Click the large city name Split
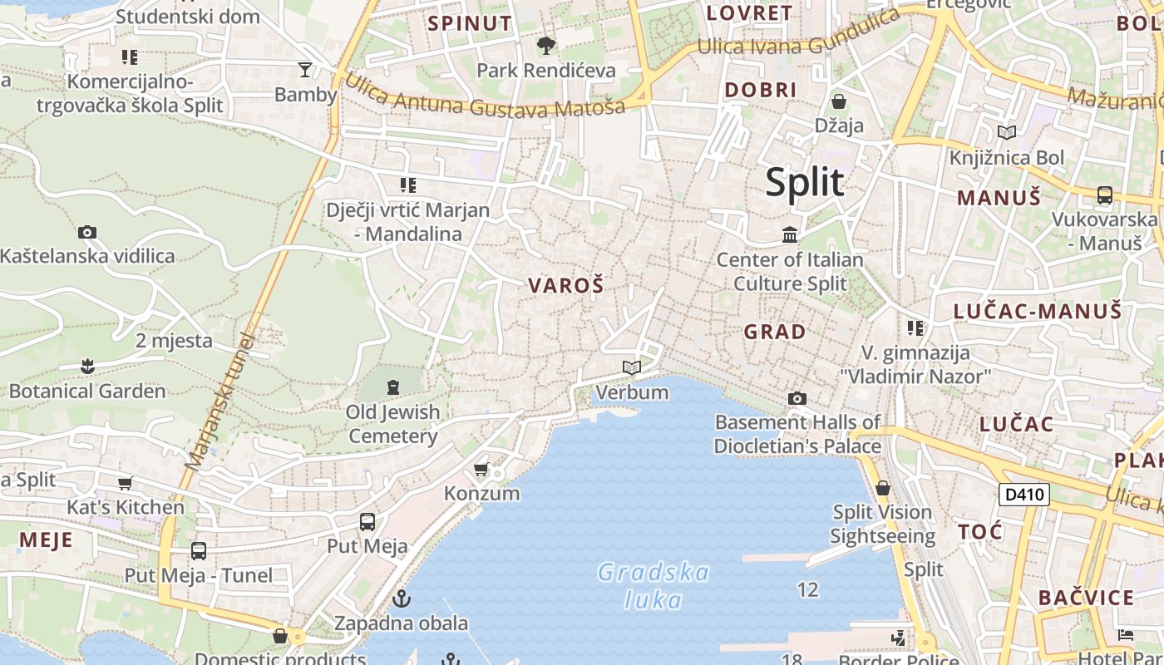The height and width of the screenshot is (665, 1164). tap(804, 182)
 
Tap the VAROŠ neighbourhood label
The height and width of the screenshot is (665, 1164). tap(565, 286)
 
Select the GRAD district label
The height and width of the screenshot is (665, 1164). tap(774, 332)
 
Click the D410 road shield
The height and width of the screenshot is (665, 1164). tap(1023, 495)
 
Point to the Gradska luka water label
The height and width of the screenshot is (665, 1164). tap(654, 586)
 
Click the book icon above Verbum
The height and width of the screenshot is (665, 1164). tap(632, 367)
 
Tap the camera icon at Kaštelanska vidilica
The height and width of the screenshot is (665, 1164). tap(86, 232)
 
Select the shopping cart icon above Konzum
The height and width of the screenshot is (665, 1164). tap(481, 470)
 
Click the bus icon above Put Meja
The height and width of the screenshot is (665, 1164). tap(367, 522)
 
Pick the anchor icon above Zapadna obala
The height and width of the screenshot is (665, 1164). tap(402, 598)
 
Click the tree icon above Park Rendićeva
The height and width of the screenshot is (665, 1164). tap(545, 45)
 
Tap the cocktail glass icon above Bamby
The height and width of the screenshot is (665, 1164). tap(305, 70)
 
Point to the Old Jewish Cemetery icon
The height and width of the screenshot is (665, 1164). tap(392, 387)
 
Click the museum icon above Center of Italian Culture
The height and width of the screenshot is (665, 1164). tap(789, 235)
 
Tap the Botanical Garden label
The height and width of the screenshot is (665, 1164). tap(87, 391)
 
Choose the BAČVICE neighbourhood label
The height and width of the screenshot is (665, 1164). tap(1086, 598)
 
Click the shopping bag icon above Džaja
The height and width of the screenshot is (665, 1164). tap(838, 101)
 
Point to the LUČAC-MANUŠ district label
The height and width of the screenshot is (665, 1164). tap(1037, 312)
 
